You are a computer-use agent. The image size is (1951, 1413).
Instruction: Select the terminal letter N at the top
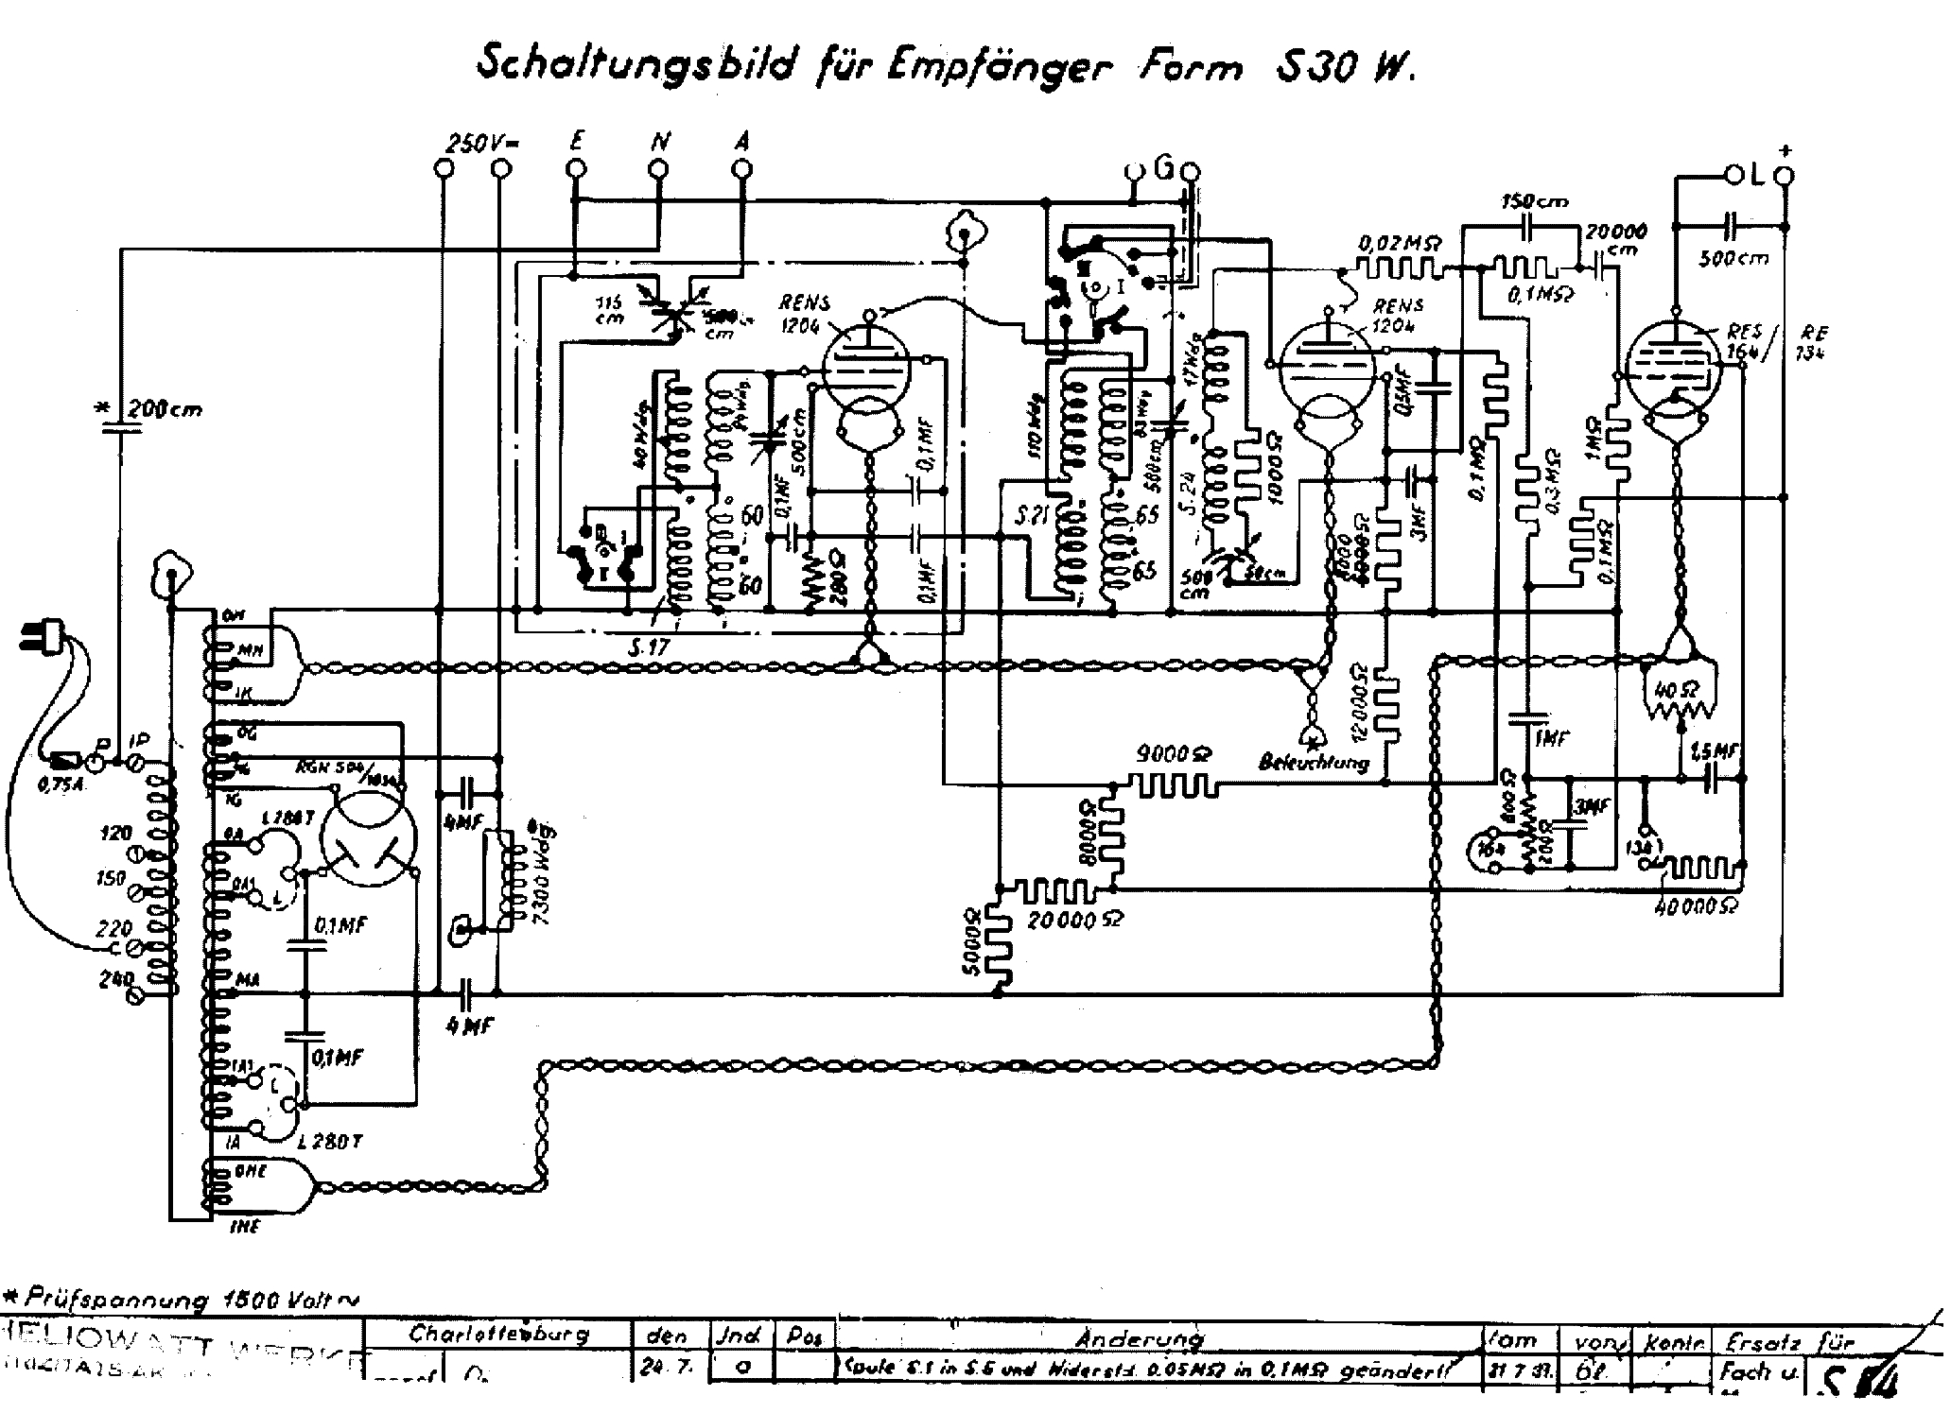(x=660, y=141)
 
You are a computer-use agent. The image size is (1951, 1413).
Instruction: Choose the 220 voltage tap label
(x=112, y=930)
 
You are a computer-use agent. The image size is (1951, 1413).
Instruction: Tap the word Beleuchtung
(x=1313, y=762)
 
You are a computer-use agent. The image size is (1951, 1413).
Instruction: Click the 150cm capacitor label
(x=1533, y=201)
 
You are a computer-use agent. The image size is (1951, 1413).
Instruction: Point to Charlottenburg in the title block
(x=498, y=1335)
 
